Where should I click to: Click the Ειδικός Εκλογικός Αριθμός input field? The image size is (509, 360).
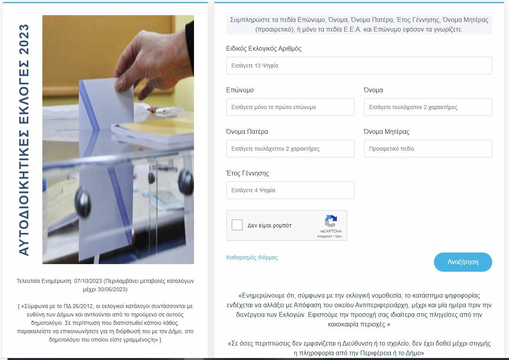pyautogui.click(x=359, y=66)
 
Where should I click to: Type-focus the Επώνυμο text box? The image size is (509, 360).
pyautogui.click(x=290, y=107)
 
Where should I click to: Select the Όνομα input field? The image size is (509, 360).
pyautogui.click(x=428, y=107)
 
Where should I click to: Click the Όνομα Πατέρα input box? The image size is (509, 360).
pyautogui.click(x=290, y=149)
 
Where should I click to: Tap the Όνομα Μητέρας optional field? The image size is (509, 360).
pyautogui.click(x=428, y=149)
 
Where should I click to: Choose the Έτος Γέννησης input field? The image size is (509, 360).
pyautogui.click(x=290, y=190)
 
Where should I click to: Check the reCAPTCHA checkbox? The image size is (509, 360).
pyautogui.click(x=237, y=225)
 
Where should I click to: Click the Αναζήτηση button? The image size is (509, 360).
pyautogui.click(x=463, y=262)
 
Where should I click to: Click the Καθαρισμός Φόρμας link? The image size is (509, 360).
pyautogui.click(x=252, y=257)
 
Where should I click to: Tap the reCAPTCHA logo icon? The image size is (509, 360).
pyautogui.click(x=331, y=221)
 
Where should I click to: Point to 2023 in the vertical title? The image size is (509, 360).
pyautogui.click(x=24, y=39)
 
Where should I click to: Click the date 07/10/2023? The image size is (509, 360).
pyautogui.click(x=88, y=281)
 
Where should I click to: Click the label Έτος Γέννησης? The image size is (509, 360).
pyautogui.click(x=248, y=173)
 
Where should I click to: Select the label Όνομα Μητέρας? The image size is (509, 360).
pyautogui.click(x=386, y=132)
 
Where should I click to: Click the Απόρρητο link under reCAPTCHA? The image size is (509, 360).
pyautogui.click(x=325, y=236)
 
